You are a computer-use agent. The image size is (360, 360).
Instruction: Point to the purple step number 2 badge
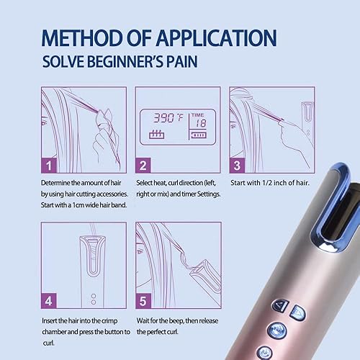click(144, 166)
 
